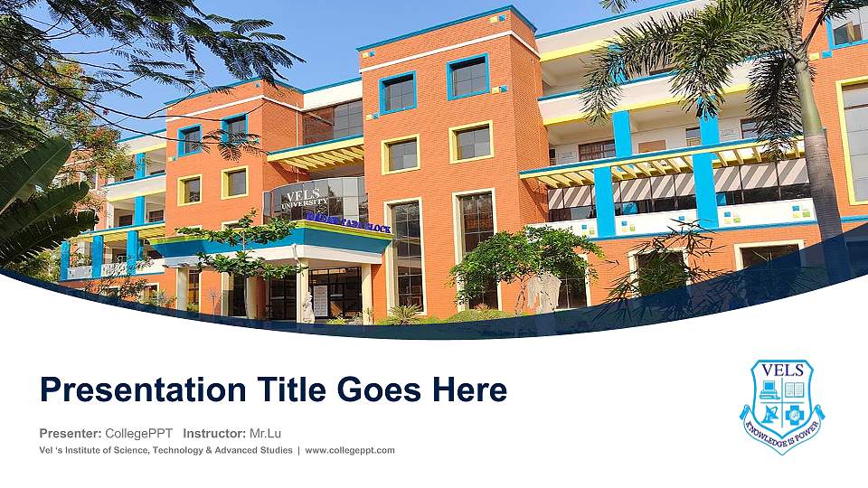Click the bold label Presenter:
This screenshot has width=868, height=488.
71,433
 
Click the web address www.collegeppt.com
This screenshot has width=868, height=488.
350,450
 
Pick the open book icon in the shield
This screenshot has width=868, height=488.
794,390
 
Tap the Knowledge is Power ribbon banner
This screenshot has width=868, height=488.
782,428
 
